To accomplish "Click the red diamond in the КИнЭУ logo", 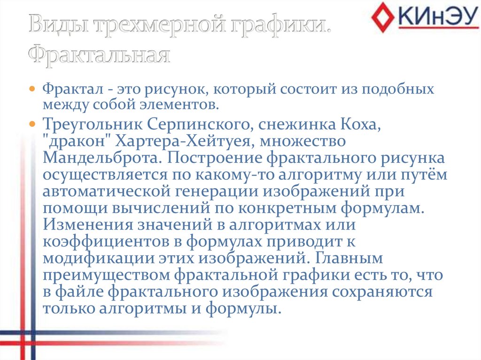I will click(x=383, y=17).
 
